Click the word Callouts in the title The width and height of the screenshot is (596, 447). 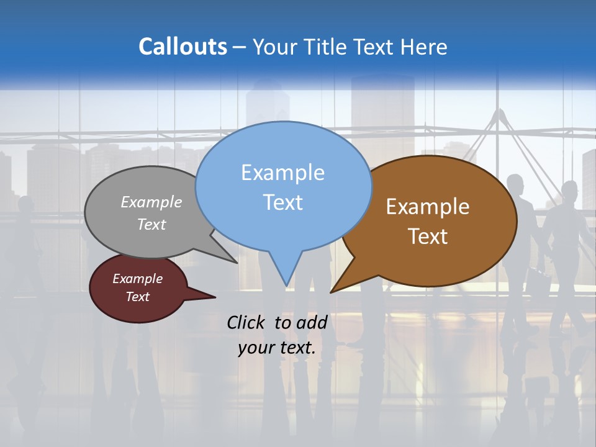[x=183, y=47]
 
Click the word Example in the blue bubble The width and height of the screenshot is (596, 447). [x=283, y=173]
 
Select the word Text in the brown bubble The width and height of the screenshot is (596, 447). [x=428, y=237]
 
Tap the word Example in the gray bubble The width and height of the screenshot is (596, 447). [x=151, y=202]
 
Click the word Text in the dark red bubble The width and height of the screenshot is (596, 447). [x=138, y=297]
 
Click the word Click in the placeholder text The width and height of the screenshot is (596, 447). [x=247, y=322]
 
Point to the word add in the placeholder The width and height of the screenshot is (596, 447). [x=312, y=322]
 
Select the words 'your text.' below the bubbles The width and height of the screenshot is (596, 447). [x=277, y=348]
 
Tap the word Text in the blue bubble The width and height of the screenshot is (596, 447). [x=283, y=202]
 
